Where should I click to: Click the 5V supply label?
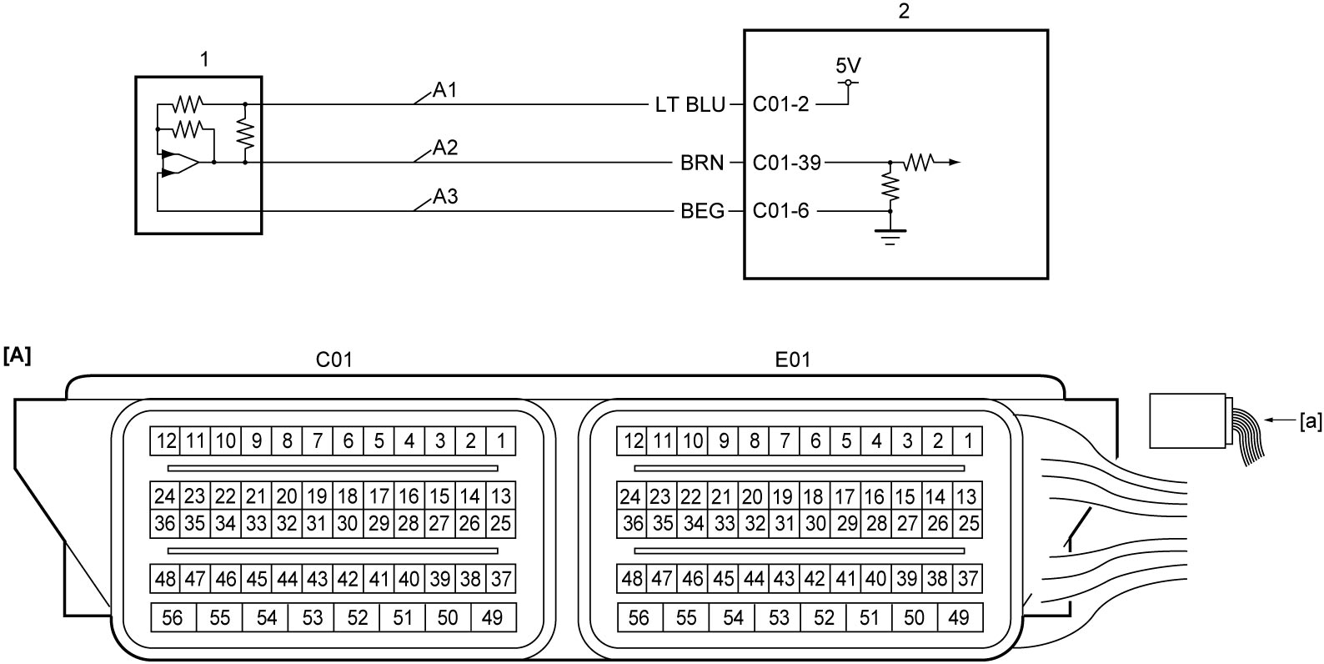pos(848,65)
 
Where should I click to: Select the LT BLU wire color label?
pos(690,104)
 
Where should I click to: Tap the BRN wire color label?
pos(702,163)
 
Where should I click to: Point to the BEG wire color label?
pos(702,211)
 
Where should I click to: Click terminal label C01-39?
pos(787,163)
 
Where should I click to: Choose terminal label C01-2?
pos(780,104)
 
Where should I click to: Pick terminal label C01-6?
pos(780,211)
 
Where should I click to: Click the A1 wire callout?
pos(444,90)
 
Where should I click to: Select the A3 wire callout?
pos(445,196)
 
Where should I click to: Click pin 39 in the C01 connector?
pos(439,579)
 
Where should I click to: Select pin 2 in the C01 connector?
pos(470,441)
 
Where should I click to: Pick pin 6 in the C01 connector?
pos(349,441)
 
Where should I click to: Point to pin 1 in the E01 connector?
pos(968,441)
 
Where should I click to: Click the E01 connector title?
pos(792,360)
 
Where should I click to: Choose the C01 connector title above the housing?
pos(334,360)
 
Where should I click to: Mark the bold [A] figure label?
pos(17,356)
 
